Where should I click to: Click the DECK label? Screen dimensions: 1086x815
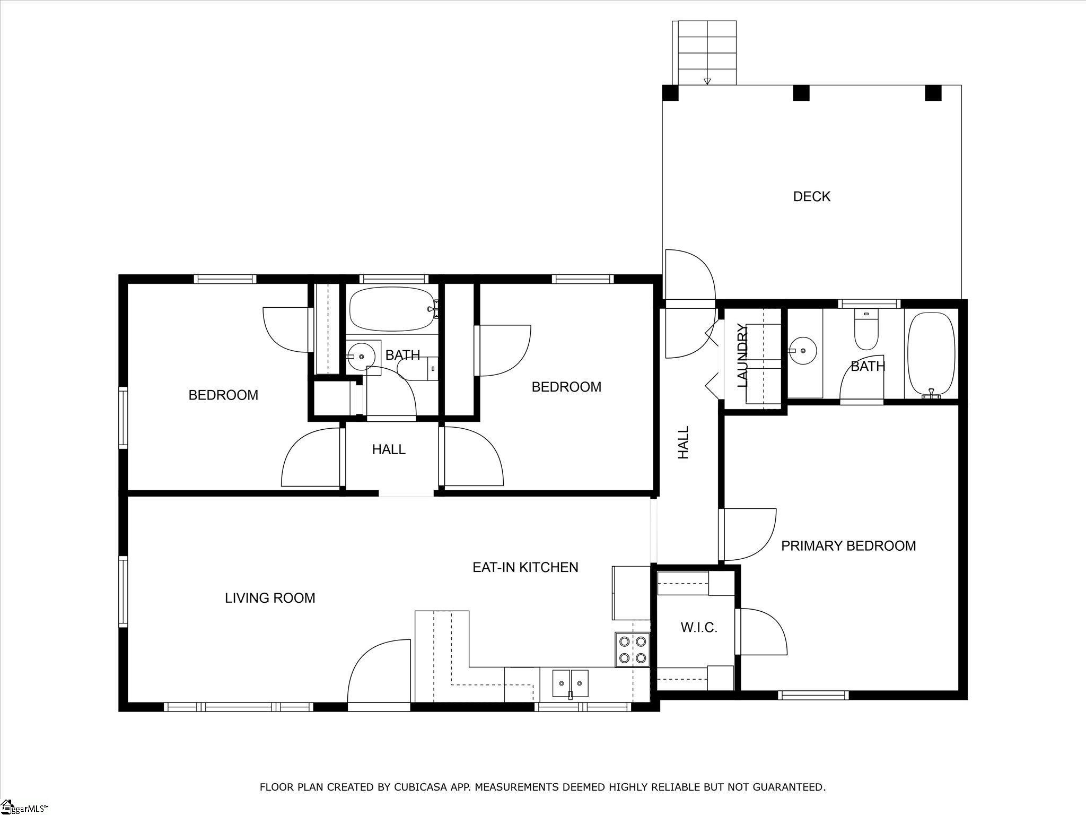811,197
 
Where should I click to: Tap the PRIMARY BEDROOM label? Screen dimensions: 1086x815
848,546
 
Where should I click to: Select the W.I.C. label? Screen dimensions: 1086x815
699,628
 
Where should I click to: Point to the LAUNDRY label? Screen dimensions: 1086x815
742,356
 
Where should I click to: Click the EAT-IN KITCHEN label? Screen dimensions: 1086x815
525,567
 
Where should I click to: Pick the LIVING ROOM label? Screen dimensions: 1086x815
270,598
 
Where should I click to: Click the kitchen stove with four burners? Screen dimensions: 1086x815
633,649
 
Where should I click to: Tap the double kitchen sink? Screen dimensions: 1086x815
570,683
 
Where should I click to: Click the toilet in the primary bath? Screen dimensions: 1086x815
866,330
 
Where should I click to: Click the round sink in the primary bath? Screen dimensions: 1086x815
804,351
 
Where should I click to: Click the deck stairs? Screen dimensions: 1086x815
704,53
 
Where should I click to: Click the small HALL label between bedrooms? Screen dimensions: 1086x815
389,450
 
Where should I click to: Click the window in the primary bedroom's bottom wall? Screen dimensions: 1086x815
813,695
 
